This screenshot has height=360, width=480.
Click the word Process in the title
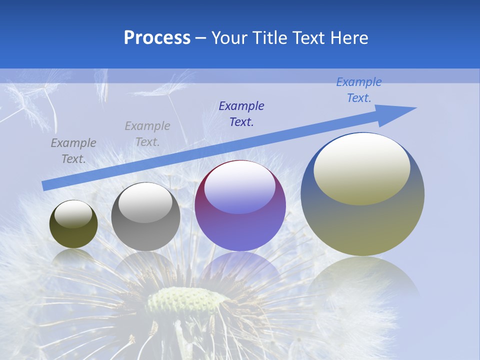pos(157,38)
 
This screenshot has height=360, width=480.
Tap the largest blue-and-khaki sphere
pos(362,220)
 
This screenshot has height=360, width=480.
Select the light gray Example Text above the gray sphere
pos(147,134)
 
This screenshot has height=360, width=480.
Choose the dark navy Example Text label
pos(241,114)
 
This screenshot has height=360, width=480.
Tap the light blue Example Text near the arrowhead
pos(359,90)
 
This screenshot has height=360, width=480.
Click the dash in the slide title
pos(200,38)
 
